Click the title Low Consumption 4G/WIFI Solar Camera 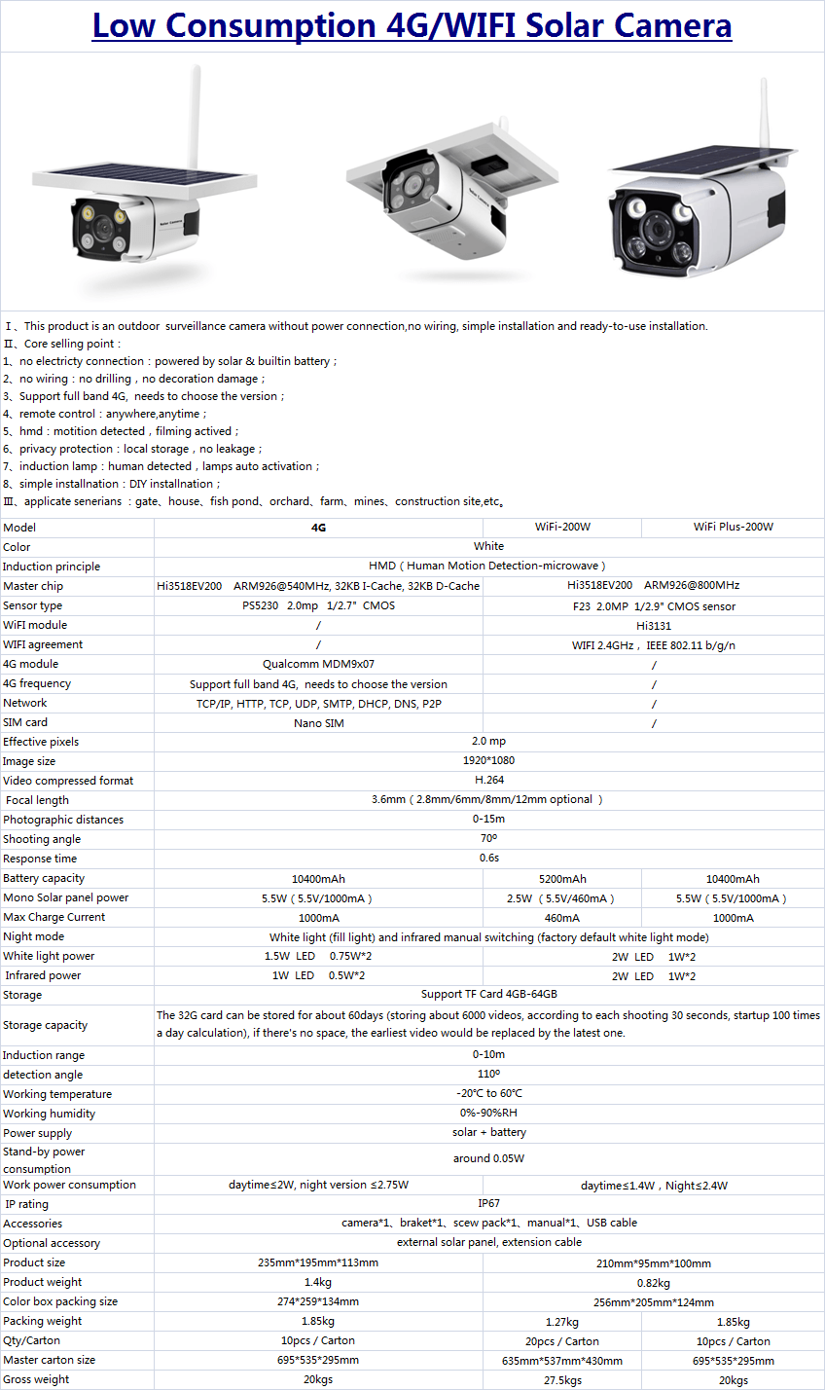click(x=412, y=25)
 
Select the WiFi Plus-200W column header click(x=733, y=527)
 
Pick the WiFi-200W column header click(x=562, y=527)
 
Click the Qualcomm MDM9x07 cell click(x=318, y=664)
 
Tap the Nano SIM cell click(x=318, y=722)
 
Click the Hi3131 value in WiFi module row click(x=653, y=625)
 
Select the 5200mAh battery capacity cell click(x=562, y=878)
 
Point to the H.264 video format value click(x=488, y=781)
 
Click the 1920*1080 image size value click(x=488, y=761)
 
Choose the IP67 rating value click(x=488, y=1203)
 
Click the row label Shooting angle click(x=42, y=839)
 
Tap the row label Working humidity click(x=50, y=1114)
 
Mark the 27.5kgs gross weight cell click(x=562, y=1379)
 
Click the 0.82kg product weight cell click(x=653, y=1282)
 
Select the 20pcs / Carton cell click(x=562, y=1340)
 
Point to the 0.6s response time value click(x=488, y=859)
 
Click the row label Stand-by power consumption click(x=44, y=1159)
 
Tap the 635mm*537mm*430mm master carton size click(x=562, y=1360)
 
